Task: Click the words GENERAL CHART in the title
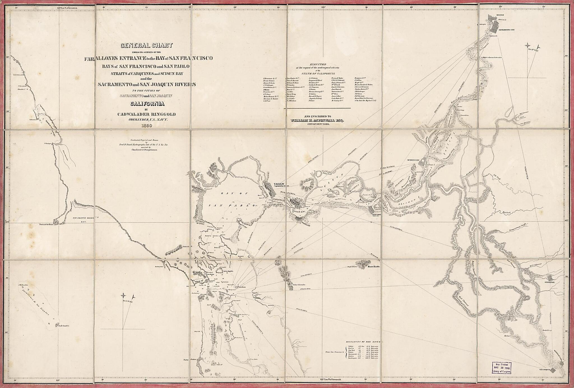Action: pos(147,45)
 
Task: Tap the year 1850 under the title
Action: pos(147,125)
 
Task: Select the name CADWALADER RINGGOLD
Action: pos(147,114)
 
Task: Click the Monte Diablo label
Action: pos(374,267)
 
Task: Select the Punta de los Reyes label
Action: pos(46,225)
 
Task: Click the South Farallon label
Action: pos(64,326)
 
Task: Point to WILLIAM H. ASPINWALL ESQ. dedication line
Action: pos(317,120)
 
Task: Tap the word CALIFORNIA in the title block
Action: pos(147,104)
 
